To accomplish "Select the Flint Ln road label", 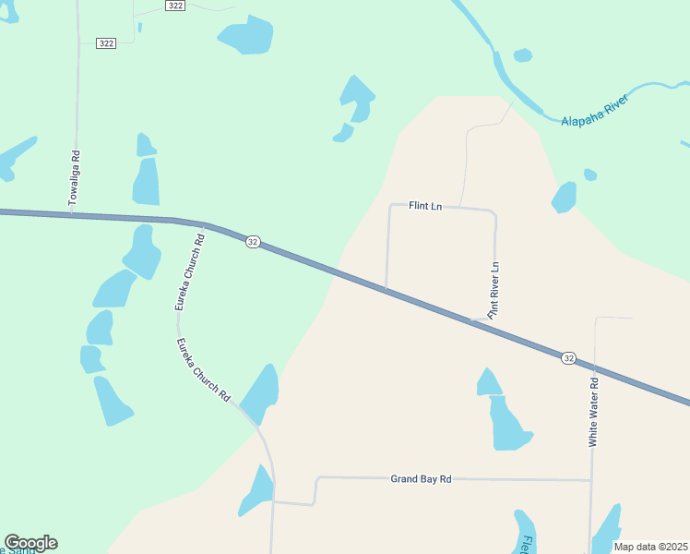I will pos(425,207).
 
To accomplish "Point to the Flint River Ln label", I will pos(494,290).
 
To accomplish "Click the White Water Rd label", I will pos(594,412).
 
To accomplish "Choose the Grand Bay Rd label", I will pos(421,479).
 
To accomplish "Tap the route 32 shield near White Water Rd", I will pos(568,357).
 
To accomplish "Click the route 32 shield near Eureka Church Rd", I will pos(253,242).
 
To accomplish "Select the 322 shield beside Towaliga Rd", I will pos(106,43).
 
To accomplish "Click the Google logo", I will pos(30,543).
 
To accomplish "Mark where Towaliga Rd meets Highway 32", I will pos(73,214).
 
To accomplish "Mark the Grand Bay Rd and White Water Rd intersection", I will pos(591,480).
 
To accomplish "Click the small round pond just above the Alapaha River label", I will pos(522,55).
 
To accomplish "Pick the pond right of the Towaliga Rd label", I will pos(146,182).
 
